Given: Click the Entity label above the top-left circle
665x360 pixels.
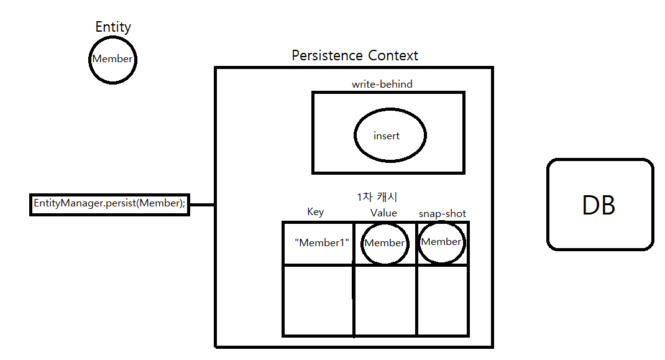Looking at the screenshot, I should click(113, 27).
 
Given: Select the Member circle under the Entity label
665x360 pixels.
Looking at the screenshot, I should click(112, 59).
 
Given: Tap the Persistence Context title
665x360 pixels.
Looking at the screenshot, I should click(355, 55).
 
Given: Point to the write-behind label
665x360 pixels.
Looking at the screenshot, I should click(382, 84).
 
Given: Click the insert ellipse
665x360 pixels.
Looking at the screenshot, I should click(390, 136).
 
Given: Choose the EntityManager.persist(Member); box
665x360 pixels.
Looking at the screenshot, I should click(109, 204).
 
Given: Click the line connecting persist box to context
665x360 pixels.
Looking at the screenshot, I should click(201, 204).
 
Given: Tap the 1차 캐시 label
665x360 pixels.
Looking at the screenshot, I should click(377, 197).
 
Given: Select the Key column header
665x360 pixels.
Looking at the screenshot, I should click(316, 212).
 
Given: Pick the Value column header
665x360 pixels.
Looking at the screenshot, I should click(383, 213).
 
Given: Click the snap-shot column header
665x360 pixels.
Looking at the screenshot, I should click(442, 214).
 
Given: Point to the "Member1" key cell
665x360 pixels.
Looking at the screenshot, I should click(321, 242).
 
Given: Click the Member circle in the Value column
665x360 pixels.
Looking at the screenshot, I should click(384, 243).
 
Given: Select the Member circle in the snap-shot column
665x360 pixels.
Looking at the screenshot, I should click(441, 242).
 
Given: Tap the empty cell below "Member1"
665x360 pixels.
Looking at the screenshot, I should click(318, 300).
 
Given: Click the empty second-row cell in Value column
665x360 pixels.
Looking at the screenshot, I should click(385, 300).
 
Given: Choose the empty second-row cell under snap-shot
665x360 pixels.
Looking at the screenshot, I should click(442, 300).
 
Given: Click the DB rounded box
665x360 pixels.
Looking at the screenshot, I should click(600, 205).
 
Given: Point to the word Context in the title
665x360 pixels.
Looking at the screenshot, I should click(393, 55).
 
